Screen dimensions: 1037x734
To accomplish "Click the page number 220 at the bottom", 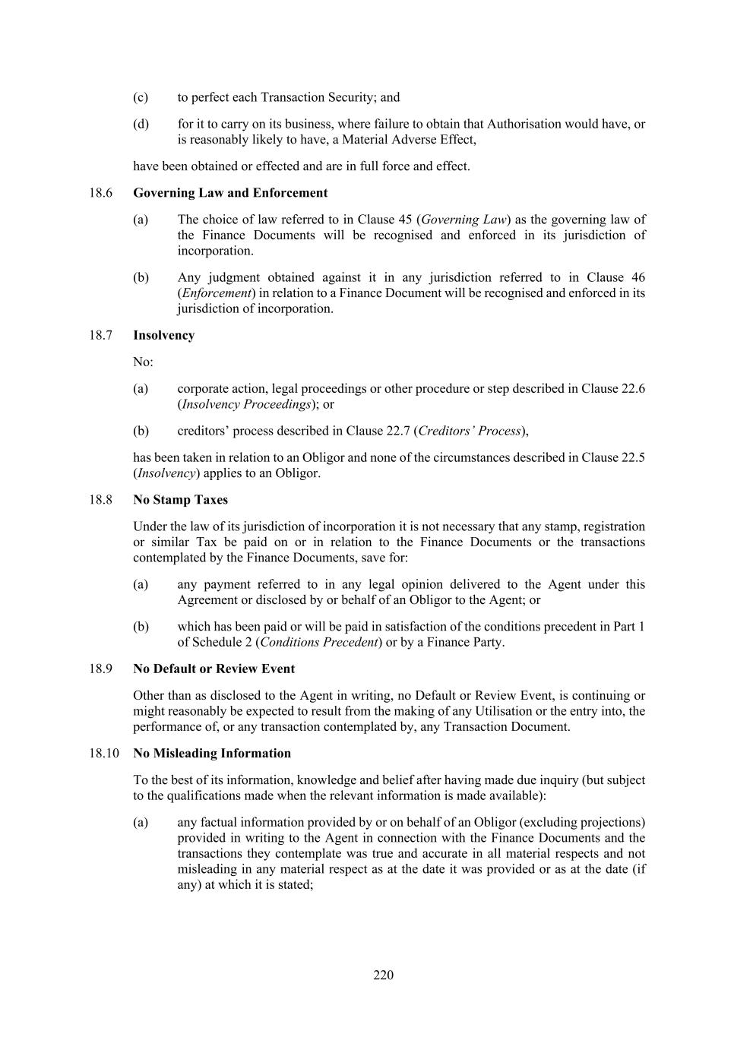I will (383, 975).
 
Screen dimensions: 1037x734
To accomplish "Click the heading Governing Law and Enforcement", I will (230, 193).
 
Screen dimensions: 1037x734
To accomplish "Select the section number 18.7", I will (100, 335).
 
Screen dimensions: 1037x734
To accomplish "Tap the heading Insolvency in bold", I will (163, 335).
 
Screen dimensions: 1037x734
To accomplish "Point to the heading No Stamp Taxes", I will (180, 500).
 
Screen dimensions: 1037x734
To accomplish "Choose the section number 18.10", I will (103, 753).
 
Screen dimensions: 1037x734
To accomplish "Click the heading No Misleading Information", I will (212, 753).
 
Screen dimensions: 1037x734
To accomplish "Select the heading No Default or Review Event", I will (214, 669).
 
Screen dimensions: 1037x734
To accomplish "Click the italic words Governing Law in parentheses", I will (463, 220).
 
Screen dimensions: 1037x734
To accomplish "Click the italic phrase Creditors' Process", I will (470, 431).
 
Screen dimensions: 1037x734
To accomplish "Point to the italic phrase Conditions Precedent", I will (319, 642).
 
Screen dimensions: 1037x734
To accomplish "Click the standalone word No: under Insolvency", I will (143, 362).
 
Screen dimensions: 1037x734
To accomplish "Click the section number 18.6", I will (100, 193).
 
